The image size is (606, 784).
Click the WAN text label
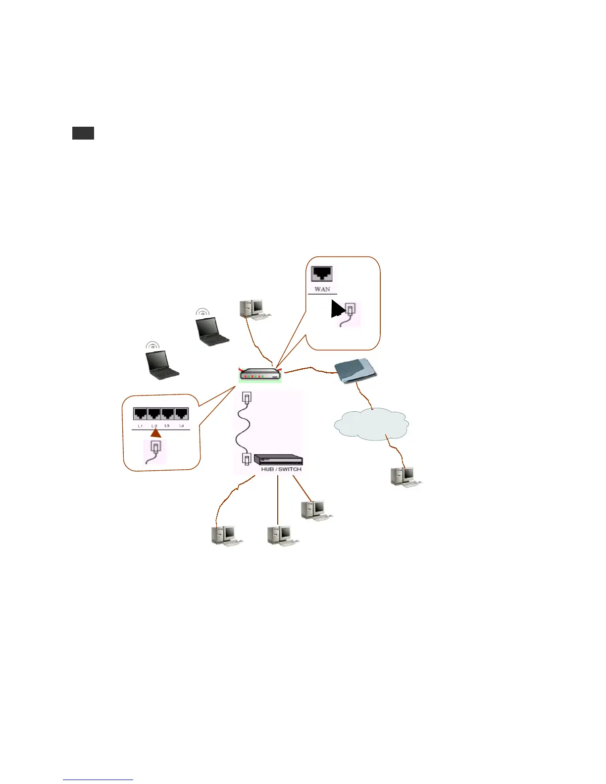point(322,289)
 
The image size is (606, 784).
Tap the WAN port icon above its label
point(322,274)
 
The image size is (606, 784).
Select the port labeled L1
point(140,414)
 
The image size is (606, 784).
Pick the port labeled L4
point(182,414)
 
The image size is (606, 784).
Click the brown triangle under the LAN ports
point(155,434)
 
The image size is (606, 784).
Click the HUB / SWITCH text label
point(281,469)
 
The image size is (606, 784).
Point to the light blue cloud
point(371,424)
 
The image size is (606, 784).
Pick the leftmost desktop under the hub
point(225,536)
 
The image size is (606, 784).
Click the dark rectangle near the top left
point(83,133)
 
